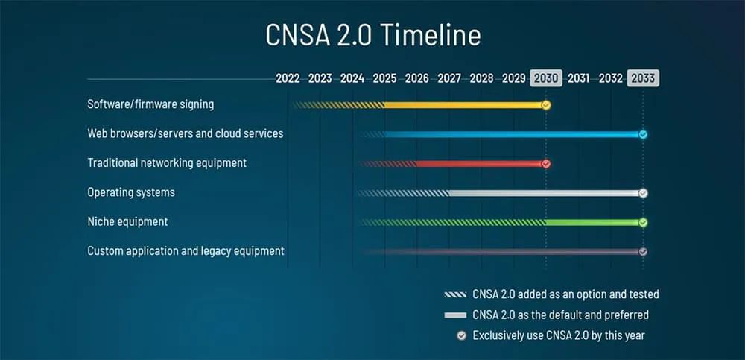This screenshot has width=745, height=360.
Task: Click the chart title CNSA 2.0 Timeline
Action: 372,36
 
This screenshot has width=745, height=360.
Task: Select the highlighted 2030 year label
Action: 545,78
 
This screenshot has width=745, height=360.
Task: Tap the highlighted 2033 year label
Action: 642,78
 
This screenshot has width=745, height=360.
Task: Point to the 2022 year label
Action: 288,78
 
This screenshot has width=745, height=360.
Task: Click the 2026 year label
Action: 416,78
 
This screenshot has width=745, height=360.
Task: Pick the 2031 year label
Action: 578,78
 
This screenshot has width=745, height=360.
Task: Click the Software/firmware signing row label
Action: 150,104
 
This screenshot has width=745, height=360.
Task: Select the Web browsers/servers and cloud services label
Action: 185,133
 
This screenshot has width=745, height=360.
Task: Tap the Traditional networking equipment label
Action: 167,162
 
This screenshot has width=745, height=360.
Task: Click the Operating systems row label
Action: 131,192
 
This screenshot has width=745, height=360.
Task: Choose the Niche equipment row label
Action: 127,221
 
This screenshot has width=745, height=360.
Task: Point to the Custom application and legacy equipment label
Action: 186,251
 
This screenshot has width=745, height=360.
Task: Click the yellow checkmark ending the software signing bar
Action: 546,105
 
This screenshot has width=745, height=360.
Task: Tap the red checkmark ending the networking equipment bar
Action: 546,163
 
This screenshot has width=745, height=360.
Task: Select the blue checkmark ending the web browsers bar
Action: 643,134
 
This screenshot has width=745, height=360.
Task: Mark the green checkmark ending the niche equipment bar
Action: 643,222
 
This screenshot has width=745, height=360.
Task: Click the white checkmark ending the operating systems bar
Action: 643,193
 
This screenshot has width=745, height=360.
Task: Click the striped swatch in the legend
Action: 454,294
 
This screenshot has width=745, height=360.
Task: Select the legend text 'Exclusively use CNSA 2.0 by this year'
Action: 559,335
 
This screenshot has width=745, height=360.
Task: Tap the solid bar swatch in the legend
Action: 454,315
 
